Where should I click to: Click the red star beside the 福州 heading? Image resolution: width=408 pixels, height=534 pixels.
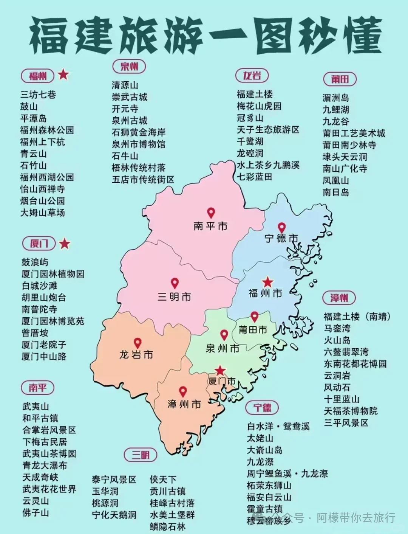(x=63, y=75)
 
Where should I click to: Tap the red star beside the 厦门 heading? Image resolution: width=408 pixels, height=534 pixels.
(x=65, y=244)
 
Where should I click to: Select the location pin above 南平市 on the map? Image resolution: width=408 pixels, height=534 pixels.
(x=210, y=213)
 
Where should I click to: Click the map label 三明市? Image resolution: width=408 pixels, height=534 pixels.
(x=174, y=297)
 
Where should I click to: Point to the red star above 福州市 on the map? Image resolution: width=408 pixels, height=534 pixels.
(x=267, y=282)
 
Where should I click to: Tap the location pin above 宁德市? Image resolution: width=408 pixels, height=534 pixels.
(x=281, y=228)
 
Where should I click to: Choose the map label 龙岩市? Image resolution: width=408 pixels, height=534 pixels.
(x=136, y=355)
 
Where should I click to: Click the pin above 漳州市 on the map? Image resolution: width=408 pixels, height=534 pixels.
(x=183, y=391)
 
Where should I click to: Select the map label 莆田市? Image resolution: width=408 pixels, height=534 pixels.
(x=253, y=330)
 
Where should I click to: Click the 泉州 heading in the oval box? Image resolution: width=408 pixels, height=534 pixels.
(x=129, y=67)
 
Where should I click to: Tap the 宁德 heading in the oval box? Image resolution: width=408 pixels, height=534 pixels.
(x=262, y=407)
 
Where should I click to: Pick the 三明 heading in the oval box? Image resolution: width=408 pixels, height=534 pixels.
(x=140, y=455)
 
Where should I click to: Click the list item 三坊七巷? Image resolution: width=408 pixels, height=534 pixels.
(x=38, y=95)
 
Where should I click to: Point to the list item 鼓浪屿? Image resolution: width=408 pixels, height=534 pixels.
(x=35, y=262)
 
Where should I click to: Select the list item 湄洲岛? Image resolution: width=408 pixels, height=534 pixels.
(x=335, y=98)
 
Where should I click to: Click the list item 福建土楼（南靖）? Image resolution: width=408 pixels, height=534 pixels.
(x=357, y=317)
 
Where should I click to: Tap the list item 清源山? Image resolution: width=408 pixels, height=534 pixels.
(x=125, y=85)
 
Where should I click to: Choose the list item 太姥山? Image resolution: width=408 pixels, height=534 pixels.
(x=260, y=438)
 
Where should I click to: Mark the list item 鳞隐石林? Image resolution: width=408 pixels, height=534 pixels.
(x=167, y=526)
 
